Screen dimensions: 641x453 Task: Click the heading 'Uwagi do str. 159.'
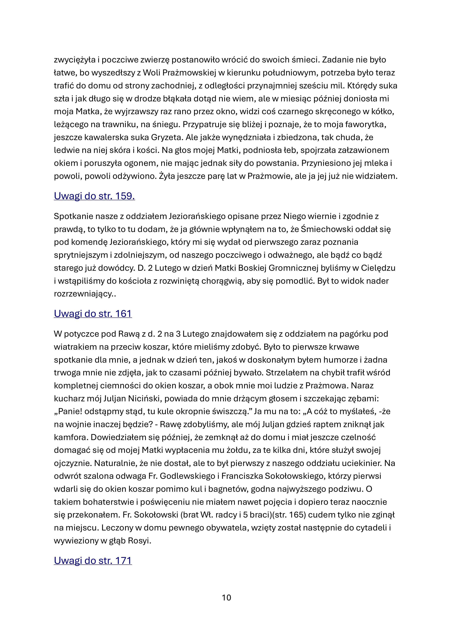tap(94, 196)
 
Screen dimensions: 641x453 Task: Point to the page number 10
tap(226, 598)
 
